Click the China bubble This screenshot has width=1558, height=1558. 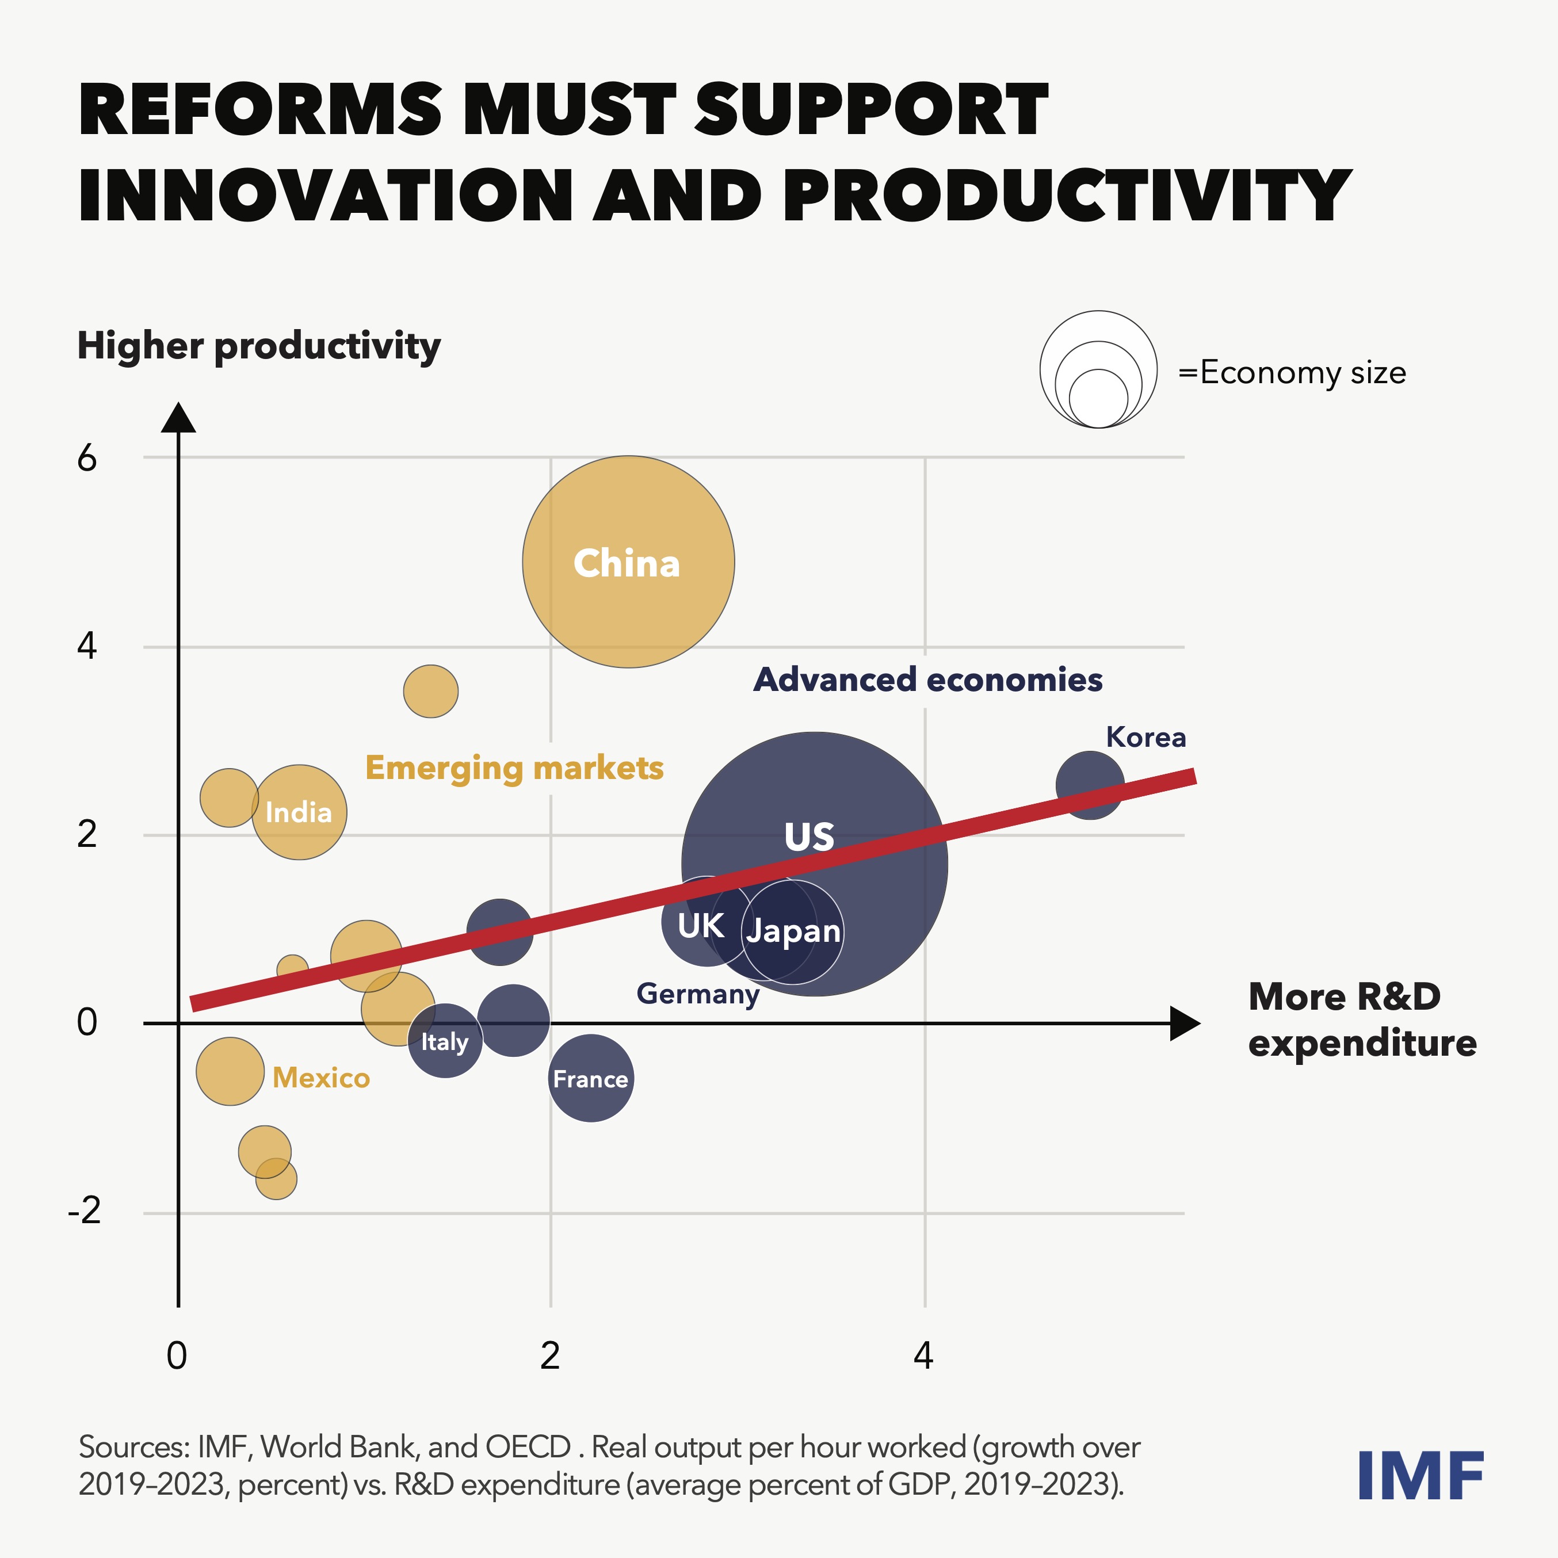click(x=628, y=562)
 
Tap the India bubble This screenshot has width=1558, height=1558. click(x=299, y=812)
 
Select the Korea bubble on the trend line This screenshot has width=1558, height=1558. click(x=1090, y=785)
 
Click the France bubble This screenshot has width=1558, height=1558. click(x=591, y=1078)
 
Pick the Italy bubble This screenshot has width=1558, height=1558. click(x=444, y=1041)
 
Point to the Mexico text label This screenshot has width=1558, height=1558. click(x=321, y=1078)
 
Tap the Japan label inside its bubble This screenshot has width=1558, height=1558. click(x=793, y=931)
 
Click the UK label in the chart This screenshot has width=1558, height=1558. click(x=700, y=926)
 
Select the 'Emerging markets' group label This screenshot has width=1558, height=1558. click(x=514, y=767)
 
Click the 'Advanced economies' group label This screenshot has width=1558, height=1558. click(x=927, y=680)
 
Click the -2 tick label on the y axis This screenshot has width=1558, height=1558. click(x=85, y=1210)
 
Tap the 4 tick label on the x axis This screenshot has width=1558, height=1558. click(x=923, y=1357)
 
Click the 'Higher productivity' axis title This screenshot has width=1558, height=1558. click(x=259, y=346)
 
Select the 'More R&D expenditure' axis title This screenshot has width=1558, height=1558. click(x=1361, y=1020)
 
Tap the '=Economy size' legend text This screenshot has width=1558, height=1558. click(x=1292, y=373)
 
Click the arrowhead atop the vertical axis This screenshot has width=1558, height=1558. click(x=178, y=418)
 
